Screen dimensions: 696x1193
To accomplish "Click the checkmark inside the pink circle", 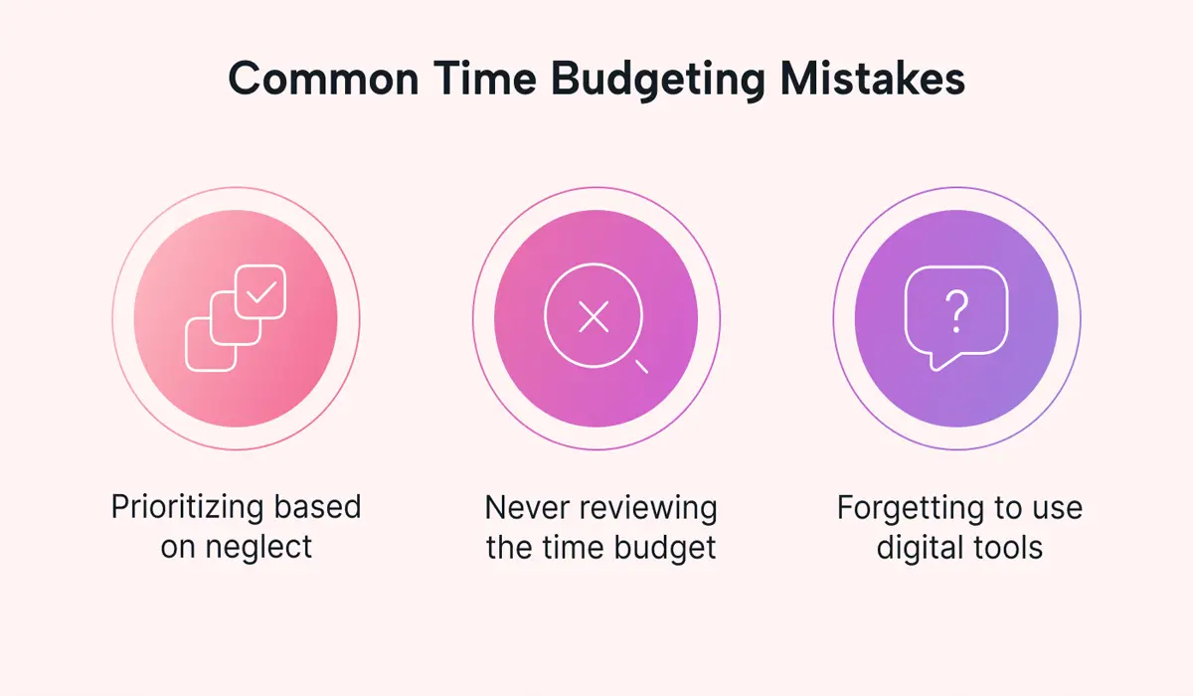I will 260,292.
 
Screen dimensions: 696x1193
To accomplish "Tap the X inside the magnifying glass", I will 594,317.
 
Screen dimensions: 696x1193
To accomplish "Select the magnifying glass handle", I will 641,366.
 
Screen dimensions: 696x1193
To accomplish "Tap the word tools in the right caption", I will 1007,548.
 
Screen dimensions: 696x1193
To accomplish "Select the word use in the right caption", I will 1055,509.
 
